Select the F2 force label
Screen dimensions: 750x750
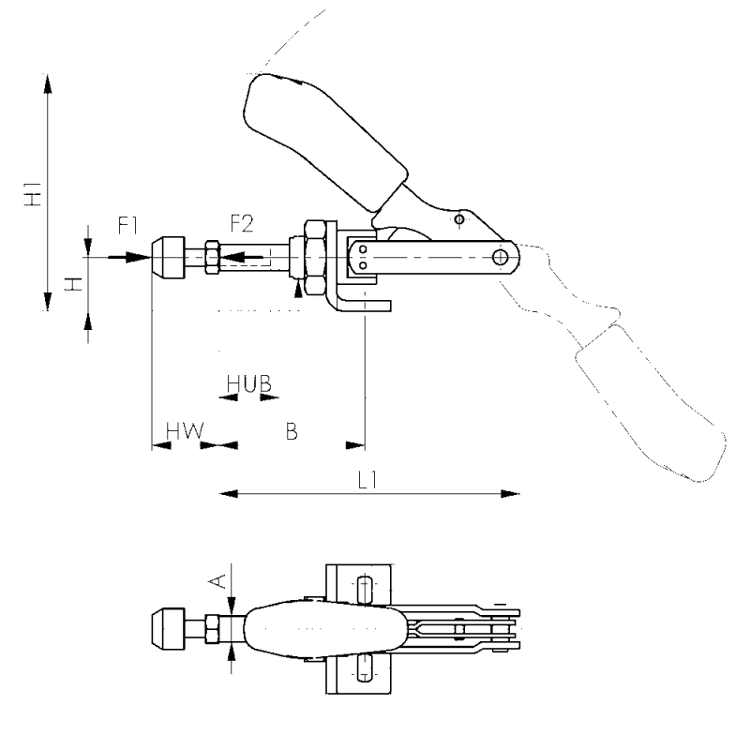(x=242, y=225)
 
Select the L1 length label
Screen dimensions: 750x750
(x=367, y=478)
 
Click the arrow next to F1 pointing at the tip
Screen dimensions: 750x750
(x=126, y=254)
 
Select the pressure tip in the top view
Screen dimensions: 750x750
(x=167, y=627)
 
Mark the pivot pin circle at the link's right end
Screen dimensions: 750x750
(x=503, y=255)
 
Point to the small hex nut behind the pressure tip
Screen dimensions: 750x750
(x=209, y=254)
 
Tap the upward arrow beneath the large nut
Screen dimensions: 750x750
(x=299, y=288)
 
